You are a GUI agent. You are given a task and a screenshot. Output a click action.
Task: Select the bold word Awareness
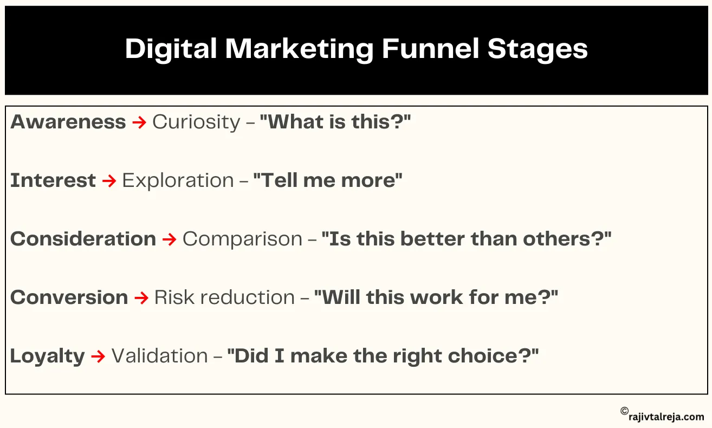point(68,122)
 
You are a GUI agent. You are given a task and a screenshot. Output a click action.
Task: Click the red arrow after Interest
point(109,180)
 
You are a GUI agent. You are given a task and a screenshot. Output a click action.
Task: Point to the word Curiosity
point(196,122)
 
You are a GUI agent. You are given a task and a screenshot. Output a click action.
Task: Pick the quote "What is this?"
point(335,122)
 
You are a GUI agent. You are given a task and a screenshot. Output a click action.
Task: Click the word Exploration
point(178,180)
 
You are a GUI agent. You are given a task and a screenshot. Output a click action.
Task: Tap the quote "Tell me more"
point(328,180)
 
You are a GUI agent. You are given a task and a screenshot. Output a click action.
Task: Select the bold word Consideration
point(83,239)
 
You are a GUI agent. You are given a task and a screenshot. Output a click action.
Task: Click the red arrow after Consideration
point(169,239)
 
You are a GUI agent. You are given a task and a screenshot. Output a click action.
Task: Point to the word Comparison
point(242,239)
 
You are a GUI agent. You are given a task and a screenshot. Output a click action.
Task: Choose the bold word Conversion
point(69,297)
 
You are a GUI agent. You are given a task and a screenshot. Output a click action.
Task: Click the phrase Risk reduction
point(224,297)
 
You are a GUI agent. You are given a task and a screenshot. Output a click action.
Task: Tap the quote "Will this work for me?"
point(436,297)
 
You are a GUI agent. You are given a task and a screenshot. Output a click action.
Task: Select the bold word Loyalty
point(48,356)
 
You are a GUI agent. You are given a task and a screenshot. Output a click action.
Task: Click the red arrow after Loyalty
point(98,356)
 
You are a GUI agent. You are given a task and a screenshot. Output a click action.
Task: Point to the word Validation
point(159,356)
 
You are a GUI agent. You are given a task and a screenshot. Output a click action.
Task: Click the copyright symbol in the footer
point(624,412)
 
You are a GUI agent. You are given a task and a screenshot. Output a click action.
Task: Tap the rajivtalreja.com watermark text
point(667,417)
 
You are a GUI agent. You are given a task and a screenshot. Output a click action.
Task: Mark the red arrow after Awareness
point(139,122)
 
